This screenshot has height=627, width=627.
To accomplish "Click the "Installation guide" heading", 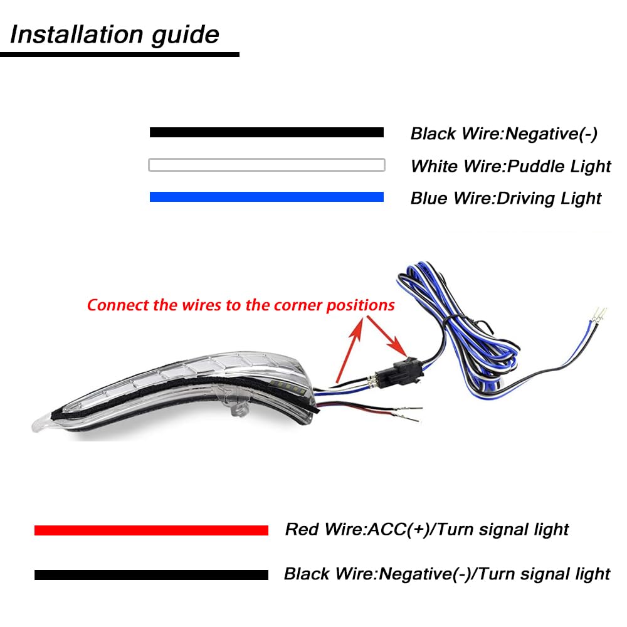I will [115, 34].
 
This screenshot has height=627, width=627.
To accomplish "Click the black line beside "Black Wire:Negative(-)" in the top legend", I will [266, 132].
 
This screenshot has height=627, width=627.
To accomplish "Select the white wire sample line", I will [266, 166].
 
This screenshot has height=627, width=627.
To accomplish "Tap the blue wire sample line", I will [266, 197].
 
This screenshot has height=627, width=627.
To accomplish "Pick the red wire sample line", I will [151, 530].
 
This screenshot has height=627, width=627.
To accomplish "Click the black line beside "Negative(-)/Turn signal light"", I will [151, 575].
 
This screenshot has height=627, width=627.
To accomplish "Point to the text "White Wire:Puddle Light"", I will [510, 166].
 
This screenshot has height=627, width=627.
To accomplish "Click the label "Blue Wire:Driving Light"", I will [505, 199].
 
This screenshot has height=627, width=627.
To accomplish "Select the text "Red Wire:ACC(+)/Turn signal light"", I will [426, 529].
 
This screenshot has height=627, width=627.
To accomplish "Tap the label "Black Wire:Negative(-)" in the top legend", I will [503, 134].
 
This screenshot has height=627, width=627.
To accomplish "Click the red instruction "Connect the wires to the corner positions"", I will [241, 305].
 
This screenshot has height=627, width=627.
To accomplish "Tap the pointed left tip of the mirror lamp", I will [35, 424].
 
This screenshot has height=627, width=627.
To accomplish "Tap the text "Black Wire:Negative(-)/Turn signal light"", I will [446, 574].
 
